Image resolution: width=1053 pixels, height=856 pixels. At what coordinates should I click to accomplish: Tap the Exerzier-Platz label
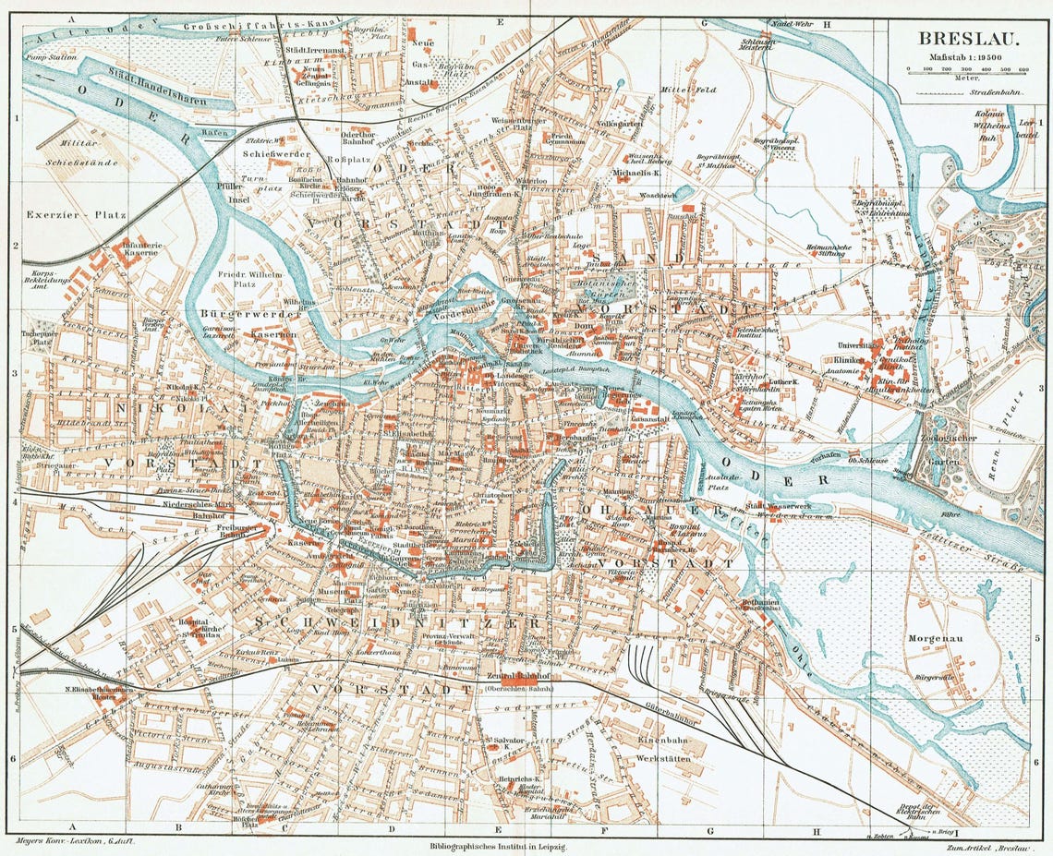[68, 214]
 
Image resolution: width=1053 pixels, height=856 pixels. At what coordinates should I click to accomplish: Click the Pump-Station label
[52, 55]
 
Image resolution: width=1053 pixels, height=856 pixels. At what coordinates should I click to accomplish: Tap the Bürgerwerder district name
[237, 315]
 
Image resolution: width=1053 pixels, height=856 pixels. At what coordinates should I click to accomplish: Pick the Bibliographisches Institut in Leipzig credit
[499, 846]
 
